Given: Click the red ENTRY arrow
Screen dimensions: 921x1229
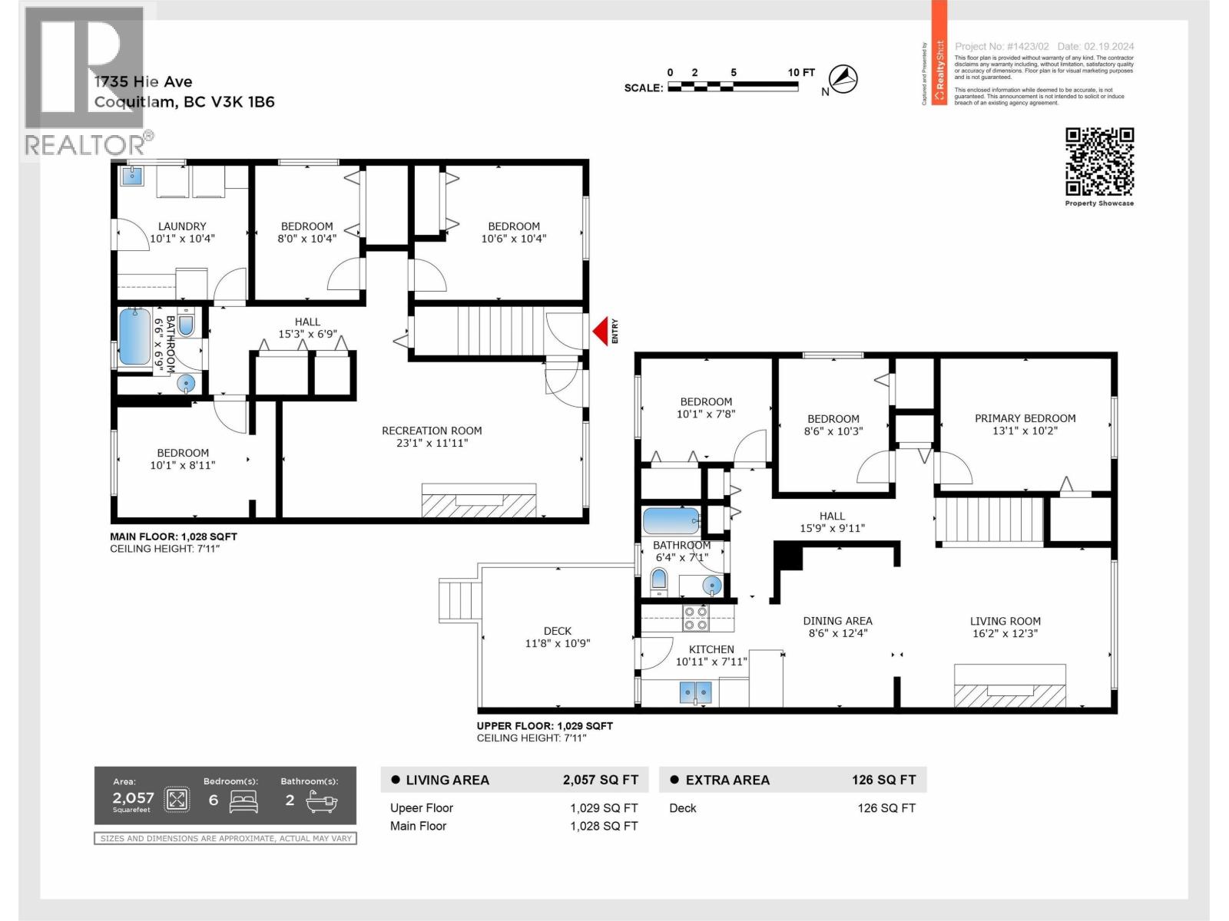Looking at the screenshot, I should (x=600, y=332).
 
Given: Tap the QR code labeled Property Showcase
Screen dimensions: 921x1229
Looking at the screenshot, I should (x=1099, y=162).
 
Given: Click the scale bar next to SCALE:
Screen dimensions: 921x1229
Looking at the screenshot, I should (x=732, y=87).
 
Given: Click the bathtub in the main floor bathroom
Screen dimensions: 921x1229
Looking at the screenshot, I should (x=135, y=336).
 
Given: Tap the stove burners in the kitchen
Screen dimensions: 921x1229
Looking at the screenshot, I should (x=696, y=619).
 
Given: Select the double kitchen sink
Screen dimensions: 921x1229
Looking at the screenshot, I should (x=696, y=693).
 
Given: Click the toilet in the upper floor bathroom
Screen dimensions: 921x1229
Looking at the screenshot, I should (x=659, y=581).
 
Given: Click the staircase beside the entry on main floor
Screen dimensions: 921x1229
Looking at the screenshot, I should (x=492, y=332).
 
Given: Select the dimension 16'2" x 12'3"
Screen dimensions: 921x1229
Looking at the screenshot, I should (x=1005, y=633).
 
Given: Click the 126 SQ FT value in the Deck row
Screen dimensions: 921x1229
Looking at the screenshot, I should (x=886, y=807).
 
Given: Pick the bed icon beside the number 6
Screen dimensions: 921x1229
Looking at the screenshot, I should (x=244, y=801).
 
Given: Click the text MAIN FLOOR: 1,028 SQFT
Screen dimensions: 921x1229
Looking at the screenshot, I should (x=174, y=536).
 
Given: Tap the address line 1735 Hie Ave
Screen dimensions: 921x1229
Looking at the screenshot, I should (x=144, y=81).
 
